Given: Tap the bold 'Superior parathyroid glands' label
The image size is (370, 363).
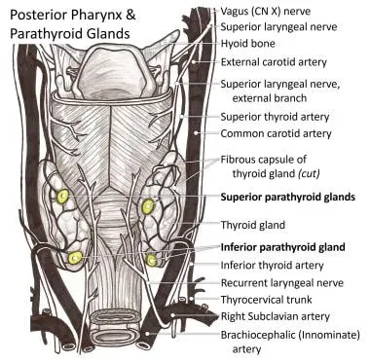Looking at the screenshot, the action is pos(294,197).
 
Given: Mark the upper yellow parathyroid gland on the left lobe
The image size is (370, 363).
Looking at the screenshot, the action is pos(64,197).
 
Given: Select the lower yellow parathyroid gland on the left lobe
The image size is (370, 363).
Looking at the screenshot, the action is pos(75,258).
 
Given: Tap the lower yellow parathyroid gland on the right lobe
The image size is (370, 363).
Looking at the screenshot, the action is pos(153,260).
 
